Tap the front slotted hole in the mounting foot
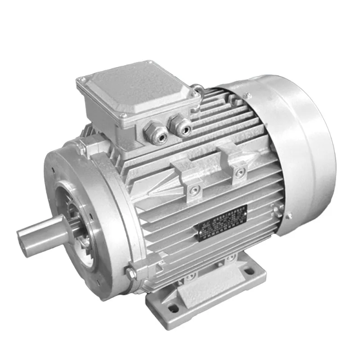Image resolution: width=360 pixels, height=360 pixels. [173, 308]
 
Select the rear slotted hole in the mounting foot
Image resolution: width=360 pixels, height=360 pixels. [247, 272]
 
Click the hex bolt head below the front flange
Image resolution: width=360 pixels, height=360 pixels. [131, 273]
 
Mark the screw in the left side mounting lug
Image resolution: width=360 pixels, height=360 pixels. [194, 190]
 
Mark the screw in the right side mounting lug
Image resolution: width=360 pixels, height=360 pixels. [241, 172]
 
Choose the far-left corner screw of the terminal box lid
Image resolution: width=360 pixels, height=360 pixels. [81, 81]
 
